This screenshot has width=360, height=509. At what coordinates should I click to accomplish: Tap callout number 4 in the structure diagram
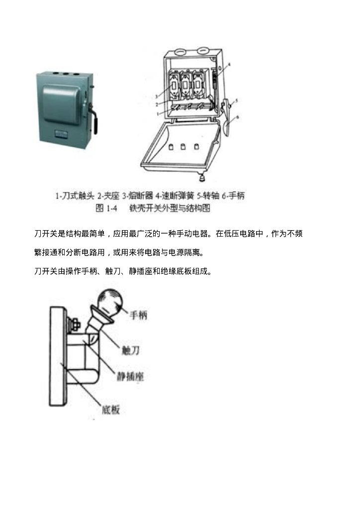tap(230, 64)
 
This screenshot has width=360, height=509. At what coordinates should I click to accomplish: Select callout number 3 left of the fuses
tap(156, 96)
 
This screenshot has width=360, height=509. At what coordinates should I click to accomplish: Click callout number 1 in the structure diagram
tap(158, 114)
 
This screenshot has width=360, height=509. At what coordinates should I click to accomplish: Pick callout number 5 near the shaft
tap(237, 100)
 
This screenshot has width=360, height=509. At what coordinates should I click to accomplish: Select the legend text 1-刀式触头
tap(75, 196)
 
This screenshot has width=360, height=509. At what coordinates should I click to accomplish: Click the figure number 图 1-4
tap(106, 208)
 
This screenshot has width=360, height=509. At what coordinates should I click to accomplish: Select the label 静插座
tap(130, 377)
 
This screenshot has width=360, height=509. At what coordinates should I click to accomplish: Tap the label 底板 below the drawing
tap(111, 410)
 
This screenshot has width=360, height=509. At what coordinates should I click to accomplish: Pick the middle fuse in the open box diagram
tap(185, 85)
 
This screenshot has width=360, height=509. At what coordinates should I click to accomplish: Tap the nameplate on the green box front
tap(60, 133)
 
